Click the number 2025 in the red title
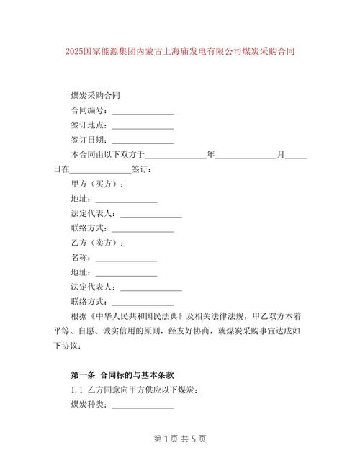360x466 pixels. coord(74,52)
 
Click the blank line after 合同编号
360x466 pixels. coord(142,112)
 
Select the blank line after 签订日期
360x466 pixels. coord(142,140)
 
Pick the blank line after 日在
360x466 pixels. coord(100,170)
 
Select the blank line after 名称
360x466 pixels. coord(126,257)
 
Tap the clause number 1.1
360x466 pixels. coord(77,390)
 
